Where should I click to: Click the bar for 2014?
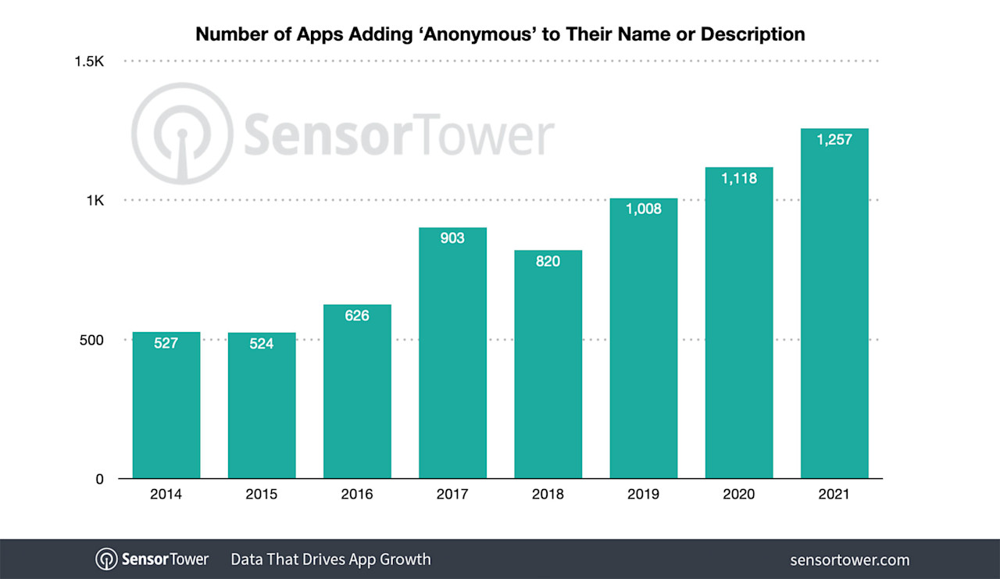(x=166, y=406)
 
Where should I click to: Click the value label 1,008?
(x=643, y=209)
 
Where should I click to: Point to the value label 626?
(x=357, y=316)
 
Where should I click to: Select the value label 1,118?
(x=738, y=178)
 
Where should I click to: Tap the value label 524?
(x=262, y=343)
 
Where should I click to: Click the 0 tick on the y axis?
(x=99, y=479)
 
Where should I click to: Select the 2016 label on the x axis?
(x=357, y=495)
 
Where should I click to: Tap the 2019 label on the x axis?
(x=643, y=495)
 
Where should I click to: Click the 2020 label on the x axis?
(x=738, y=495)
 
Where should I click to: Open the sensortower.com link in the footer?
(x=850, y=559)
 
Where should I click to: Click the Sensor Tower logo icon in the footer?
(x=106, y=559)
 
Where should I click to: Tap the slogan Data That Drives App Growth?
(x=330, y=559)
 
